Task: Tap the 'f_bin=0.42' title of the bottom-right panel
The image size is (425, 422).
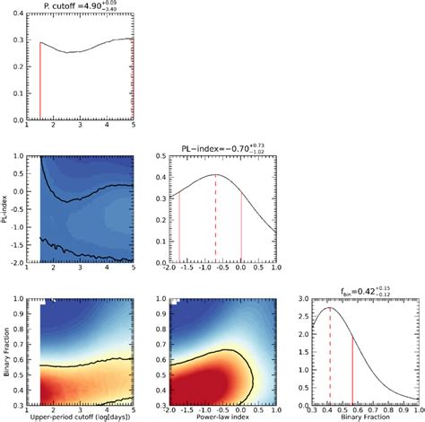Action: [359, 289]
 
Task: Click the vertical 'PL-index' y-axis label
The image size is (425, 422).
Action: [7, 210]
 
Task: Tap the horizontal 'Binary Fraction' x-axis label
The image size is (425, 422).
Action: [359, 418]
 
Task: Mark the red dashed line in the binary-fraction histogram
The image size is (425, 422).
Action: [330, 359]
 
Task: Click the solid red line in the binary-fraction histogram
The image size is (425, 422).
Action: [352, 373]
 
